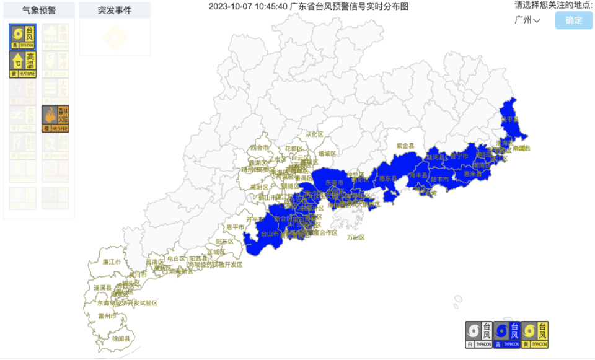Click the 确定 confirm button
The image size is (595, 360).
click(573, 20)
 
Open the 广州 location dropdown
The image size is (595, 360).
click(527, 20)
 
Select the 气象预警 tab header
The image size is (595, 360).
click(39, 11)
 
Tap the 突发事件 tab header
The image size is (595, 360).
click(115, 11)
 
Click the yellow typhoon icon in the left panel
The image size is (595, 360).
click(23, 37)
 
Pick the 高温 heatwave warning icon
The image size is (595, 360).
click(23, 64)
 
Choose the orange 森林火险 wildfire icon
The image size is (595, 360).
click(55, 118)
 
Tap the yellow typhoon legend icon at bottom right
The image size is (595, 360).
click(535, 335)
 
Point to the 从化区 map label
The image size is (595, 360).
click(314, 134)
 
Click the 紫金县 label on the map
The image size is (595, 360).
click(405, 146)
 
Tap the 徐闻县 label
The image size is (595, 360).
click(121, 339)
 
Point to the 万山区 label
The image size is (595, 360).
click(356, 237)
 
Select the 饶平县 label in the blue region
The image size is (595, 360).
click(509, 119)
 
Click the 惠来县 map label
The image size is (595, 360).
click(473, 174)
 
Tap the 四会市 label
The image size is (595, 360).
click(259, 148)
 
